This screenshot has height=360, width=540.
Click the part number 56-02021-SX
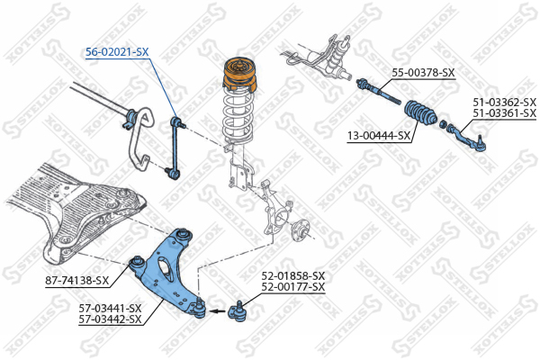(117, 52)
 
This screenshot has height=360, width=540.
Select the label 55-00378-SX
(423, 73)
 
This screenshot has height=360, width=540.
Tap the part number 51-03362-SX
(505, 102)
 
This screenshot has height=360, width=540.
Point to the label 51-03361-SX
(505, 112)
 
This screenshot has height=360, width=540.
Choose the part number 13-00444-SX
(379, 136)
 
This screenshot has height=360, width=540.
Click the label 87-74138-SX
(76, 281)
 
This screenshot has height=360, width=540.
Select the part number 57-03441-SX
(110, 308)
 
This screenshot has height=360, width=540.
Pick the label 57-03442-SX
(110, 319)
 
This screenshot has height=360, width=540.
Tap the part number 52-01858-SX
(293, 275)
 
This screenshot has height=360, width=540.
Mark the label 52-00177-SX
(293, 286)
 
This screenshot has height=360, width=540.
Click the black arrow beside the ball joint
(217, 311)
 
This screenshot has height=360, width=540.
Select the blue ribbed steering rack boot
(420, 112)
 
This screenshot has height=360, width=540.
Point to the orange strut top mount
(239, 75)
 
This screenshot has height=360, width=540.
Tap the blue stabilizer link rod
(175, 148)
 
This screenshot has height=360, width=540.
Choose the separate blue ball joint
(238, 311)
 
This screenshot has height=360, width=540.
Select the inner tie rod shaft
(379, 91)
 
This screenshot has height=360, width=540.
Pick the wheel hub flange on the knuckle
(301, 229)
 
